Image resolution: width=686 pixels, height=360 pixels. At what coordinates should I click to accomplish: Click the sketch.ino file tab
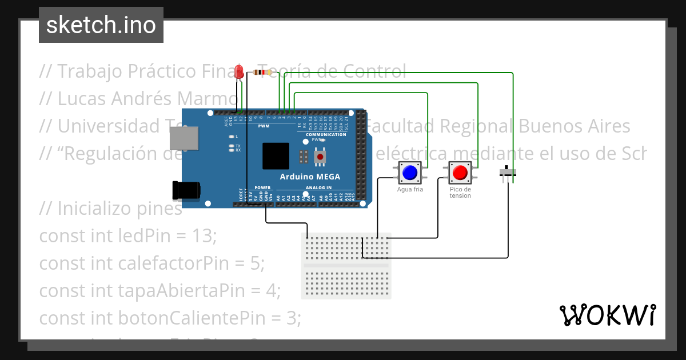coord(101,25)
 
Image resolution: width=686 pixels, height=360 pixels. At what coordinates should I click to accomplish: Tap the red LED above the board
coord(240,72)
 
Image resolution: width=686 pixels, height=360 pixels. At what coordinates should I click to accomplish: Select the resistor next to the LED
coord(262,73)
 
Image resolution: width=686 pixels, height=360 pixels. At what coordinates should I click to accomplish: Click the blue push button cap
coord(409,172)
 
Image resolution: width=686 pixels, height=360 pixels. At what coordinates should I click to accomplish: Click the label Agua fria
coord(410,189)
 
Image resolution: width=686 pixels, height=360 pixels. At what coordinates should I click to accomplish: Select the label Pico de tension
coord(460,193)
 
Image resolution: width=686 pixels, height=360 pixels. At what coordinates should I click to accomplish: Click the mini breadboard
coord(346,266)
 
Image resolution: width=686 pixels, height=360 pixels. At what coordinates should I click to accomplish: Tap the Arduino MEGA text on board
coord(310,177)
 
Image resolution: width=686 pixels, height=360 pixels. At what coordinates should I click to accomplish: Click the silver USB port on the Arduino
coord(184,138)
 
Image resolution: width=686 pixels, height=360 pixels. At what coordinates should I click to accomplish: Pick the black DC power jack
coord(186,190)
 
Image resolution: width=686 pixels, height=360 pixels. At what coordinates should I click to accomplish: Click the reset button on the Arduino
coord(321,156)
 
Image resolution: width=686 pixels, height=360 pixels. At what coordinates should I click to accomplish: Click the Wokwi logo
coord(607,315)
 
